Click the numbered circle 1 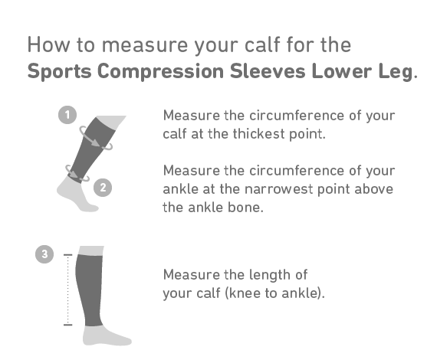(x=67, y=115)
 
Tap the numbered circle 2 (x=103, y=188)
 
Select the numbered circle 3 (x=44, y=254)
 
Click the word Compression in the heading (x=160, y=71)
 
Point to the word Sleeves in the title (x=268, y=71)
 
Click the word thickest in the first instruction (x=259, y=133)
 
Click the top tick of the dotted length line (x=67, y=255)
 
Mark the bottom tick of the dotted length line (x=67, y=325)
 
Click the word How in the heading (x=48, y=44)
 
